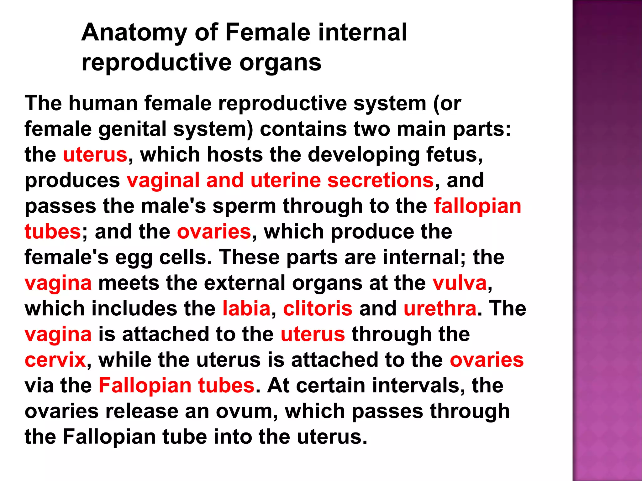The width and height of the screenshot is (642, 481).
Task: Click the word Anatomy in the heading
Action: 134,33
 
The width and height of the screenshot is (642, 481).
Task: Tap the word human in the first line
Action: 103,103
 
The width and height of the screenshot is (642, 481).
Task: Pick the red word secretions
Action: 380,180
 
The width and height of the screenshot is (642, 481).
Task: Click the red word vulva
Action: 460,283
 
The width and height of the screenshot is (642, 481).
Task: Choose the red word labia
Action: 246,309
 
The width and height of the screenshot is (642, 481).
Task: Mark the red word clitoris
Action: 318,309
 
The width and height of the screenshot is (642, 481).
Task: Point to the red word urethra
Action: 440,309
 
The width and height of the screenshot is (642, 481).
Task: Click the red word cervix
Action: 55,360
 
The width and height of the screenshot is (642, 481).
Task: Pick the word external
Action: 245,283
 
